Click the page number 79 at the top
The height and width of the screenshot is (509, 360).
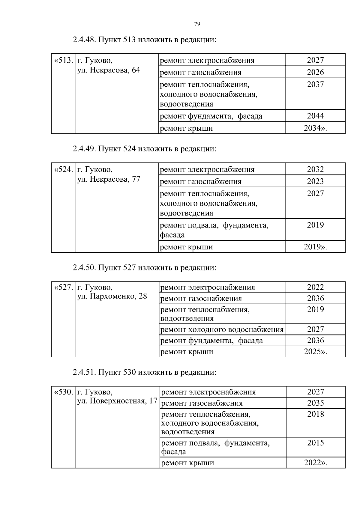point(197,24)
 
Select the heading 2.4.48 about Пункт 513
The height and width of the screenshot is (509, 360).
point(144,40)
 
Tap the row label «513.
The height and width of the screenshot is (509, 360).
point(63,61)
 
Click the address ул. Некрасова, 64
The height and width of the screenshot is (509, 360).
point(109,70)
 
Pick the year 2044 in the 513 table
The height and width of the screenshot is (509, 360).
point(315,116)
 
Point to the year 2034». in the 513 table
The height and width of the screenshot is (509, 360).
point(315,128)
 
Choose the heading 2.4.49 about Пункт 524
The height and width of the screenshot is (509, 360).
point(144,149)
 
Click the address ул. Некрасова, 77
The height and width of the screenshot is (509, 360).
point(109,180)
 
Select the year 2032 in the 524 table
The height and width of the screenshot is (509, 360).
point(315,169)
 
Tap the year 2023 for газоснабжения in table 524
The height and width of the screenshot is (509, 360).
point(315,181)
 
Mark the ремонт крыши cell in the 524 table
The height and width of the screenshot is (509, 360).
point(186,247)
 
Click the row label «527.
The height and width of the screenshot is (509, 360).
point(63,287)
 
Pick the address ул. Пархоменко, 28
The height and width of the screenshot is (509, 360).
point(112,296)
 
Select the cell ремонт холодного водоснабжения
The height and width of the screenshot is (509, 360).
point(222,330)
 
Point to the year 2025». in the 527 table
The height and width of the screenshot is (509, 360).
point(315,352)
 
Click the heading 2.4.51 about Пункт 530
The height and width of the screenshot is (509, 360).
point(144,373)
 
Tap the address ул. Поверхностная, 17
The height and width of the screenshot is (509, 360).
point(117,401)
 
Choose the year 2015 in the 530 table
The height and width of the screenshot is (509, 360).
point(315,443)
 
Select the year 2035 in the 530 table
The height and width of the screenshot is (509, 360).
point(315,403)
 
